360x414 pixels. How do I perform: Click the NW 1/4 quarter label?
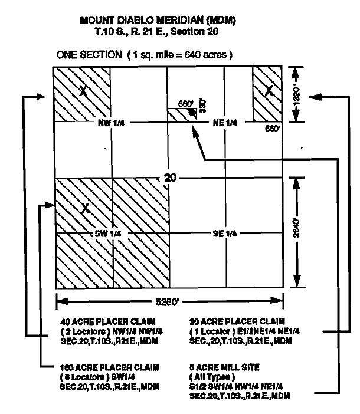[x=111, y=123]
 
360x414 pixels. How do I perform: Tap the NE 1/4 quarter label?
[x=225, y=123]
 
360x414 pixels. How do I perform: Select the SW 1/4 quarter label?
[x=108, y=234]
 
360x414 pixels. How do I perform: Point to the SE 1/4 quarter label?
[x=225, y=234]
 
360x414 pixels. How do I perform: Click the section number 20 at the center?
[x=170, y=178]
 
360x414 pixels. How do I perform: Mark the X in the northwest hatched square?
[x=83, y=91]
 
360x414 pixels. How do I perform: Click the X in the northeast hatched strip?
[x=269, y=90]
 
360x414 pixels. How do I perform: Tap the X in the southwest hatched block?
[x=86, y=208]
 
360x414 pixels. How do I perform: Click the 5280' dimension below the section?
[x=167, y=301]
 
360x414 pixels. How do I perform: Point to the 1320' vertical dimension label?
[x=296, y=96]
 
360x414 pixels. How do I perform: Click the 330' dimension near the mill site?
[x=202, y=106]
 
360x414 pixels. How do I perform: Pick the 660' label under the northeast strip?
[x=272, y=129]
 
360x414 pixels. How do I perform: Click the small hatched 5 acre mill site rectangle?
[x=182, y=115]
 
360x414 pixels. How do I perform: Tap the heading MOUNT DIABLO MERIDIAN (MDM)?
[x=158, y=20]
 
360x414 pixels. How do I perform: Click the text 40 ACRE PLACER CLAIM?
[x=108, y=321]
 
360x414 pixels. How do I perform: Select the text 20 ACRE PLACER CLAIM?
[x=237, y=321]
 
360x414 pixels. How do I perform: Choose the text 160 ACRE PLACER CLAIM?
[x=110, y=367]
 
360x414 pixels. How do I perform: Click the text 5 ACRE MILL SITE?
[x=224, y=367]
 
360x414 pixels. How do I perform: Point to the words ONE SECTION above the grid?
[x=89, y=55]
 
